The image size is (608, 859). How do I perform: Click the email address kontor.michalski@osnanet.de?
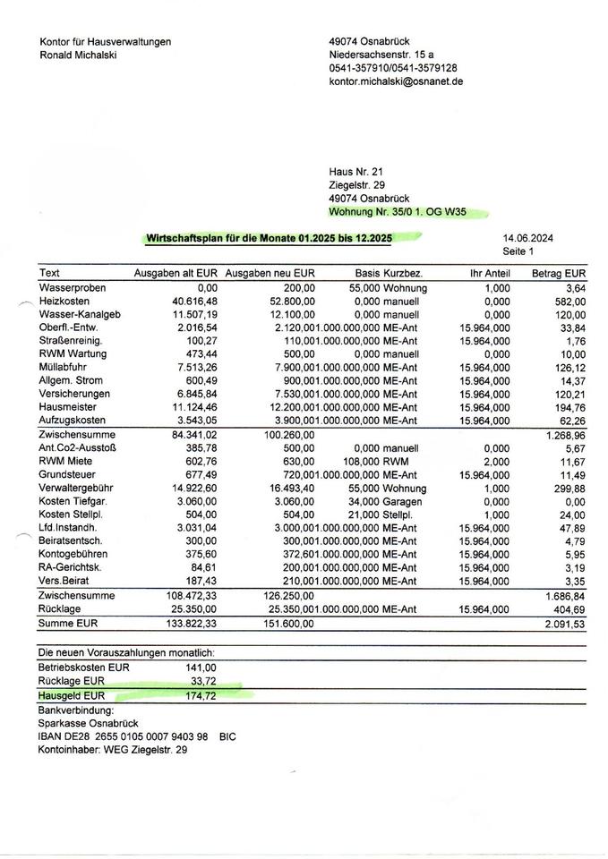click(396, 81)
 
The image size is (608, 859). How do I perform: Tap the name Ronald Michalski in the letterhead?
click(79, 55)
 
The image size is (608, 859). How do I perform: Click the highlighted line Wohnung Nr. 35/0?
click(398, 212)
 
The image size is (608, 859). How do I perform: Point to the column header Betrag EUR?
click(559, 273)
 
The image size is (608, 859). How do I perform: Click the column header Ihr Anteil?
click(489, 273)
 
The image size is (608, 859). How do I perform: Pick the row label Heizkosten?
click(65, 302)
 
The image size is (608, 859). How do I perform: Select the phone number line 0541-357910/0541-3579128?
click(393, 68)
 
